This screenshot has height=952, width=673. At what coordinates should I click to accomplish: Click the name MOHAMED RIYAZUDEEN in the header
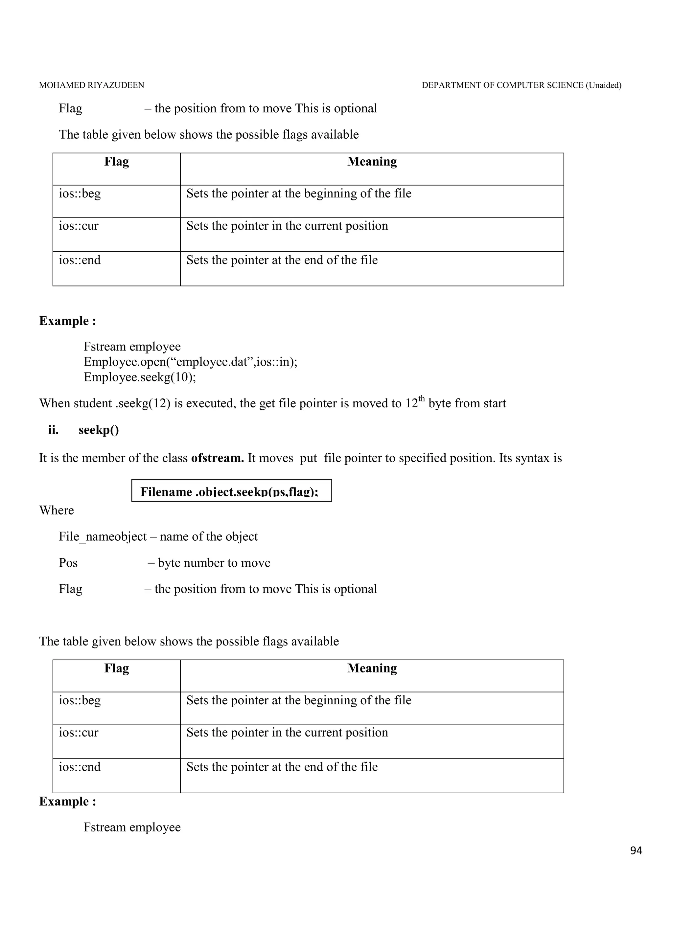click(91, 85)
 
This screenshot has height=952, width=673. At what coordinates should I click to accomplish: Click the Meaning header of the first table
click(372, 162)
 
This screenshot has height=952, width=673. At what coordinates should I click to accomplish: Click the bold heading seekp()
click(99, 430)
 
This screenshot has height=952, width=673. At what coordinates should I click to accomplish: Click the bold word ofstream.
click(217, 458)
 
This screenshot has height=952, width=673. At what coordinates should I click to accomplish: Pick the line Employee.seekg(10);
click(140, 377)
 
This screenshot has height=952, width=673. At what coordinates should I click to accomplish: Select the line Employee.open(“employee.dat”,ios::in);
click(190, 362)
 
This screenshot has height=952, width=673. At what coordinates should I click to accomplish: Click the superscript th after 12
click(422, 399)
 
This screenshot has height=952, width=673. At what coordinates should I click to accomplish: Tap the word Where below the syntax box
click(57, 510)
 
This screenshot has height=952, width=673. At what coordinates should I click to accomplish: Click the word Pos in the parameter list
click(68, 563)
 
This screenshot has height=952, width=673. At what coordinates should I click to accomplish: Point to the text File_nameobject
click(103, 536)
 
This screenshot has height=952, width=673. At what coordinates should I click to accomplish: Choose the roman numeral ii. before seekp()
click(53, 430)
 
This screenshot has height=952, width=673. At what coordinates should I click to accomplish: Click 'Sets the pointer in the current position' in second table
click(287, 732)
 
